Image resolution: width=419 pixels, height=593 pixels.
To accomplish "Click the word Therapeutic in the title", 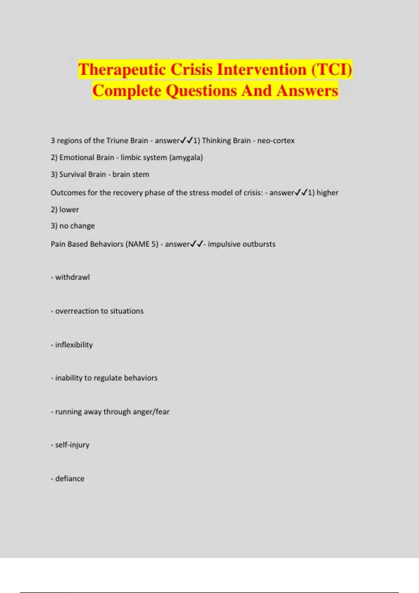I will pyautogui.click(x=122, y=69).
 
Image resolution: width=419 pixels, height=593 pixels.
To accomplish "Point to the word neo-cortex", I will pyautogui.click(x=276, y=141).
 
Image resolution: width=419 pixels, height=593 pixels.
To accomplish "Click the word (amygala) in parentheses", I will pyautogui.click(x=186, y=158).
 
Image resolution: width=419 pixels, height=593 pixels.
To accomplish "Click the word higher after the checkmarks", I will pyautogui.click(x=328, y=193).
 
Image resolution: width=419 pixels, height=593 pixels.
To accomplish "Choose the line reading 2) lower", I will pyautogui.click(x=65, y=210).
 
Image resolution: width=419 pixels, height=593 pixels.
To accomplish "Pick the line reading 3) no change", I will pyautogui.click(x=73, y=226).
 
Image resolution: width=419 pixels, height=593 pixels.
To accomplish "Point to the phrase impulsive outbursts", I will pyautogui.click(x=242, y=244).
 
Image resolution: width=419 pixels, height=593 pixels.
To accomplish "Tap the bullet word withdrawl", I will pyautogui.click(x=72, y=277).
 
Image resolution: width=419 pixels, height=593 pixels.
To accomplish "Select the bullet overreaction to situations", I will pyautogui.click(x=99, y=311).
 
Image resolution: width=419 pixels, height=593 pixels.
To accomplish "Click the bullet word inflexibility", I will pyautogui.click(x=74, y=345).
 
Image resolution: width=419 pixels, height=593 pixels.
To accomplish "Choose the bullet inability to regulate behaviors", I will pyautogui.click(x=106, y=378).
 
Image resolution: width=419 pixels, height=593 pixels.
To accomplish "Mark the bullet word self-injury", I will pyautogui.click(x=72, y=445).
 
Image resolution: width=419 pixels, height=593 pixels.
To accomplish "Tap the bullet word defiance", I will pyautogui.click(x=70, y=479).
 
